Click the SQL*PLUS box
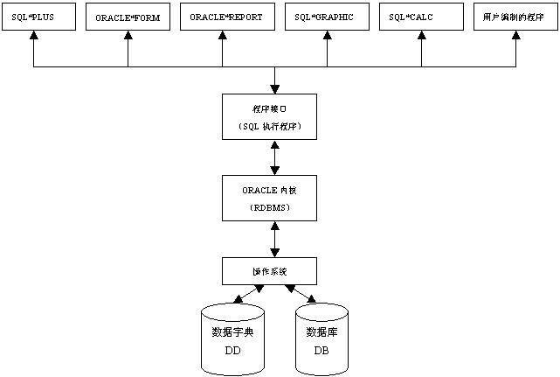pyautogui.click(x=33, y=18)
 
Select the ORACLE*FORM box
pyautogui.click(x=128, y=18)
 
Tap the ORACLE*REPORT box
pyautogui.click(x=227, y=18)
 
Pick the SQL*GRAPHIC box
pyautogui.click(x=327, y=18)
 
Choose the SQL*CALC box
pyautogui.click(x=423, y=18)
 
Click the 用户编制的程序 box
pyautogui.click(x=514, y=18)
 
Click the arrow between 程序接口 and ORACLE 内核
pyautogui.click(x=276, y=157)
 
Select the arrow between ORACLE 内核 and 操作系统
pyautogui.click(x=276, y=239)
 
